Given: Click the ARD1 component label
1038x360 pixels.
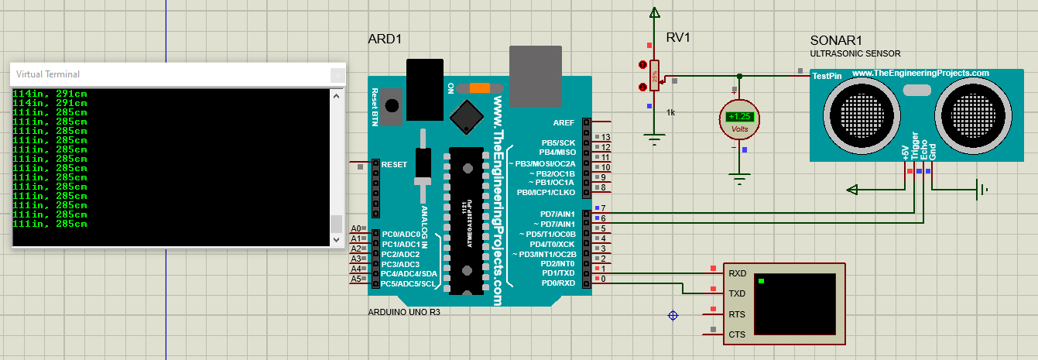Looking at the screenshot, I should pos(385,39).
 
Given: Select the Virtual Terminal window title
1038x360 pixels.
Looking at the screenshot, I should pos(48,74).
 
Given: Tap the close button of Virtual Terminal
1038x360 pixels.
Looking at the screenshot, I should pos(337,75).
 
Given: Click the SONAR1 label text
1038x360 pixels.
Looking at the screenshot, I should pos(836,40).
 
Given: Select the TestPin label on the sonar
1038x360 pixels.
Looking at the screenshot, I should pos(826,76).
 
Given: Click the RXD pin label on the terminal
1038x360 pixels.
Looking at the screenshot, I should pos(737,273).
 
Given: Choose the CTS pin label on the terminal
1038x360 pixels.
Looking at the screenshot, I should pos(737,334).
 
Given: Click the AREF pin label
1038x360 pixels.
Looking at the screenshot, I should pos(564,122).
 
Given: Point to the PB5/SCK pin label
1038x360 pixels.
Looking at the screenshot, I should pos(557,142).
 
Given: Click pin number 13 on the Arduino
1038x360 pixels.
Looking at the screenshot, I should pos(606,137).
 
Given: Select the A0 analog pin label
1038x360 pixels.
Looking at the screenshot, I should pos(356,228).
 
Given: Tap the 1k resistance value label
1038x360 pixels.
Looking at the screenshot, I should pos(670,112).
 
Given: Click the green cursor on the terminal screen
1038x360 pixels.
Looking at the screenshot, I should pos(762,280).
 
